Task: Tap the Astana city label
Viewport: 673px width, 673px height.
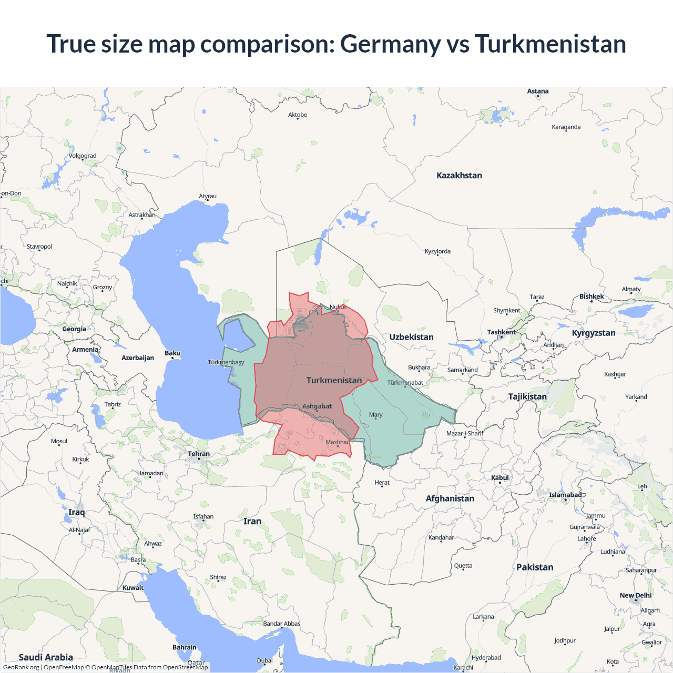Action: click(537, 91)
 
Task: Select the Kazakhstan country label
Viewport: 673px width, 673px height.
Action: click(459, 176)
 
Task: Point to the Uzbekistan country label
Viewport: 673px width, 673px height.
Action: click(411, 337)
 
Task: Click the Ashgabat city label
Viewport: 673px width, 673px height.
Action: click(317, 406)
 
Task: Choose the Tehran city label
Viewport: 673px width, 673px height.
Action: click(199, 454)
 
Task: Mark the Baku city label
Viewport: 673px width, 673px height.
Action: click(172, 353)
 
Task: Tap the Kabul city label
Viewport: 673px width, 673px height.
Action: click(499, 478)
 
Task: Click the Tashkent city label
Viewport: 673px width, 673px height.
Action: click(501, 332)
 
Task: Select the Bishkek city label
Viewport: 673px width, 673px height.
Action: click(592, 297)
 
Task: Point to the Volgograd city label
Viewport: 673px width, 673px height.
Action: click(83, 156)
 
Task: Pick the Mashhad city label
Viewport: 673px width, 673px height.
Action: click(338, 442)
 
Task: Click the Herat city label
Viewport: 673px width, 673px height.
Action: click(382, 483)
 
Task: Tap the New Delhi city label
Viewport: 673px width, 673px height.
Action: click(635, 596)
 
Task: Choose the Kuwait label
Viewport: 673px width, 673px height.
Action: click(133, 588)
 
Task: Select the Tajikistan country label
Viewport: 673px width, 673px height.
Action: click(527, 396)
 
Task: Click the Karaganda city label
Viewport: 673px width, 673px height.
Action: click(566, 127)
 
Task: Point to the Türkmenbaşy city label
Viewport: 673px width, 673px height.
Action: click(226, 362)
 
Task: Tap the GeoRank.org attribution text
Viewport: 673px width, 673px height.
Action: click(21, 667)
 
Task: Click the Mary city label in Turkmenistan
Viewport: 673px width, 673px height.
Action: click(375, 415)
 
